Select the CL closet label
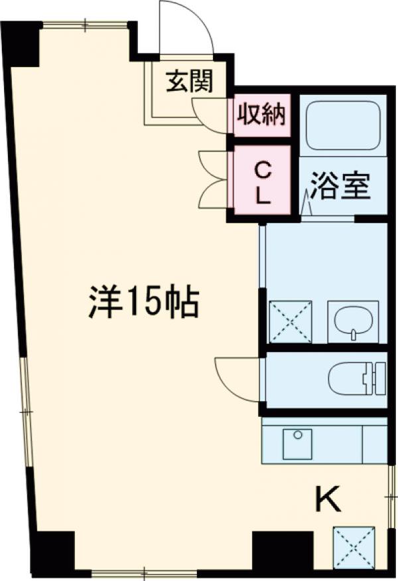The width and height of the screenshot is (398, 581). coord(263,183)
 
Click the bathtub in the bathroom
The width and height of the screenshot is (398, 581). coord(342,124)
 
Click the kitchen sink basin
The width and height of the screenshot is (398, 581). coord(297,444)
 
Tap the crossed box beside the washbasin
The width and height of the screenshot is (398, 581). coord(291,321)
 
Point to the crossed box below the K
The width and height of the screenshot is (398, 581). coord(354,546)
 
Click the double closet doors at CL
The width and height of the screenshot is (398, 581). coord(214,180)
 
